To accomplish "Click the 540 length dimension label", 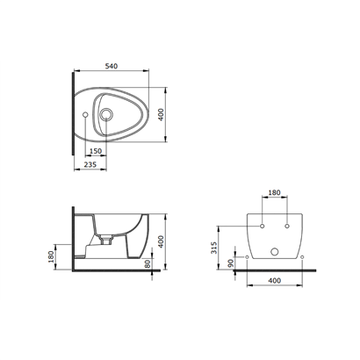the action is tap(112, 66).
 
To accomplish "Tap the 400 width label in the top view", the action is tap(161, 115).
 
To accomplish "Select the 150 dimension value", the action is tap(96, 151).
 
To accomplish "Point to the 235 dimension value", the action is tap(90, 164).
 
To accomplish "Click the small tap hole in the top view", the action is tap(85, 115).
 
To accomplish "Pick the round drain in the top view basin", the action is tap(105, 114).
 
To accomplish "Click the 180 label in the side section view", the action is tap(51, 256).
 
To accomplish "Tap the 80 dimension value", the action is tap(148, 263).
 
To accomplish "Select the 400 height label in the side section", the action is tap(161, 241).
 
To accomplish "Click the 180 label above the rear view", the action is tap(274, 192).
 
